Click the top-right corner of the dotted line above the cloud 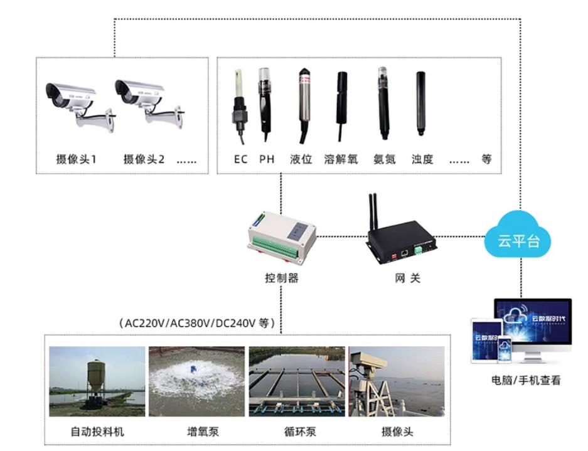[x=520, y=18]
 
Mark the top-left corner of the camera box [x=36, y=57]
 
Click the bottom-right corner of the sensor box [x=501, y=174]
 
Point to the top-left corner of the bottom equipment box [x=45, y=335]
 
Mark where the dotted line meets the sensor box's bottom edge [x=281, y=174]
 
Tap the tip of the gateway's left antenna [x=370, y=194]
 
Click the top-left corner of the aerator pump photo [x=149, y=346]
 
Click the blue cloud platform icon [x=518, y=235]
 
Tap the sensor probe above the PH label [x=264, y=105]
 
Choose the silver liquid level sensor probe [x=304, y=105]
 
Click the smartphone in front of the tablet [x=505, y=350]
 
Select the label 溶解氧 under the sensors [x=341, y=159]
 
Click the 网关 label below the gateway [x=408, y=278]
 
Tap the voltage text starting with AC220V [x=197, y=323]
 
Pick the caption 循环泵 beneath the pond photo [x=300, y=432]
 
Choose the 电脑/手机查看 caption [x=526, y=381]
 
